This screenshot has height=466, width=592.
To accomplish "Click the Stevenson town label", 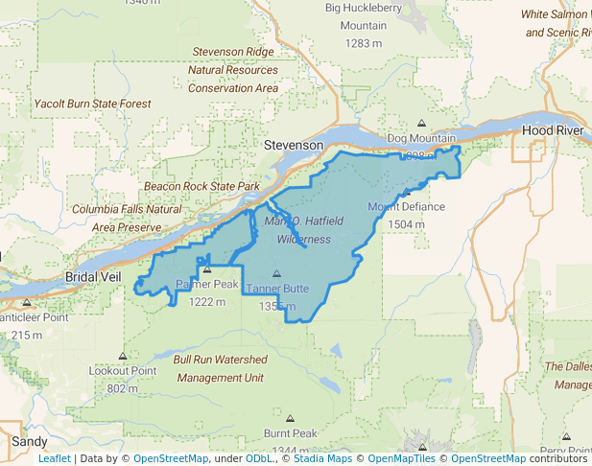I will [294, 144].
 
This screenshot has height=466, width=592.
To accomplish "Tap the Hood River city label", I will [552, 129].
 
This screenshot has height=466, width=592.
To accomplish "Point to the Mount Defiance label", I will [406, 207].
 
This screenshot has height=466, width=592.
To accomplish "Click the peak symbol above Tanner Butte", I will [277, 273].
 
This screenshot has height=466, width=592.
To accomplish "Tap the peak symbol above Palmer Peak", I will [206, 269].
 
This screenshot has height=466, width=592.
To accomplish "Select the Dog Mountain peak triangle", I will [421, 123].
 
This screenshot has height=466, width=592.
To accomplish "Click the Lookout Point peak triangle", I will [122, 355].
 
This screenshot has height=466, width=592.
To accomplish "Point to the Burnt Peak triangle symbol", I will [291, 418].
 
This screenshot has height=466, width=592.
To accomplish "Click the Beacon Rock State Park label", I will [202, 186].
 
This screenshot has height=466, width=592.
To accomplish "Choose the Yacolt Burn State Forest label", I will [92, 104].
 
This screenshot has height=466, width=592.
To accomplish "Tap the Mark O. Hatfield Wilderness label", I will [303, 230].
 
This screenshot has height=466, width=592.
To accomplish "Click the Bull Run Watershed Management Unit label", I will [220, 368].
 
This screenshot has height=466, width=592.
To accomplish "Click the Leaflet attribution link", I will [54, 458].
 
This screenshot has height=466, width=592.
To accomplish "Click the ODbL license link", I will [259, 458].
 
